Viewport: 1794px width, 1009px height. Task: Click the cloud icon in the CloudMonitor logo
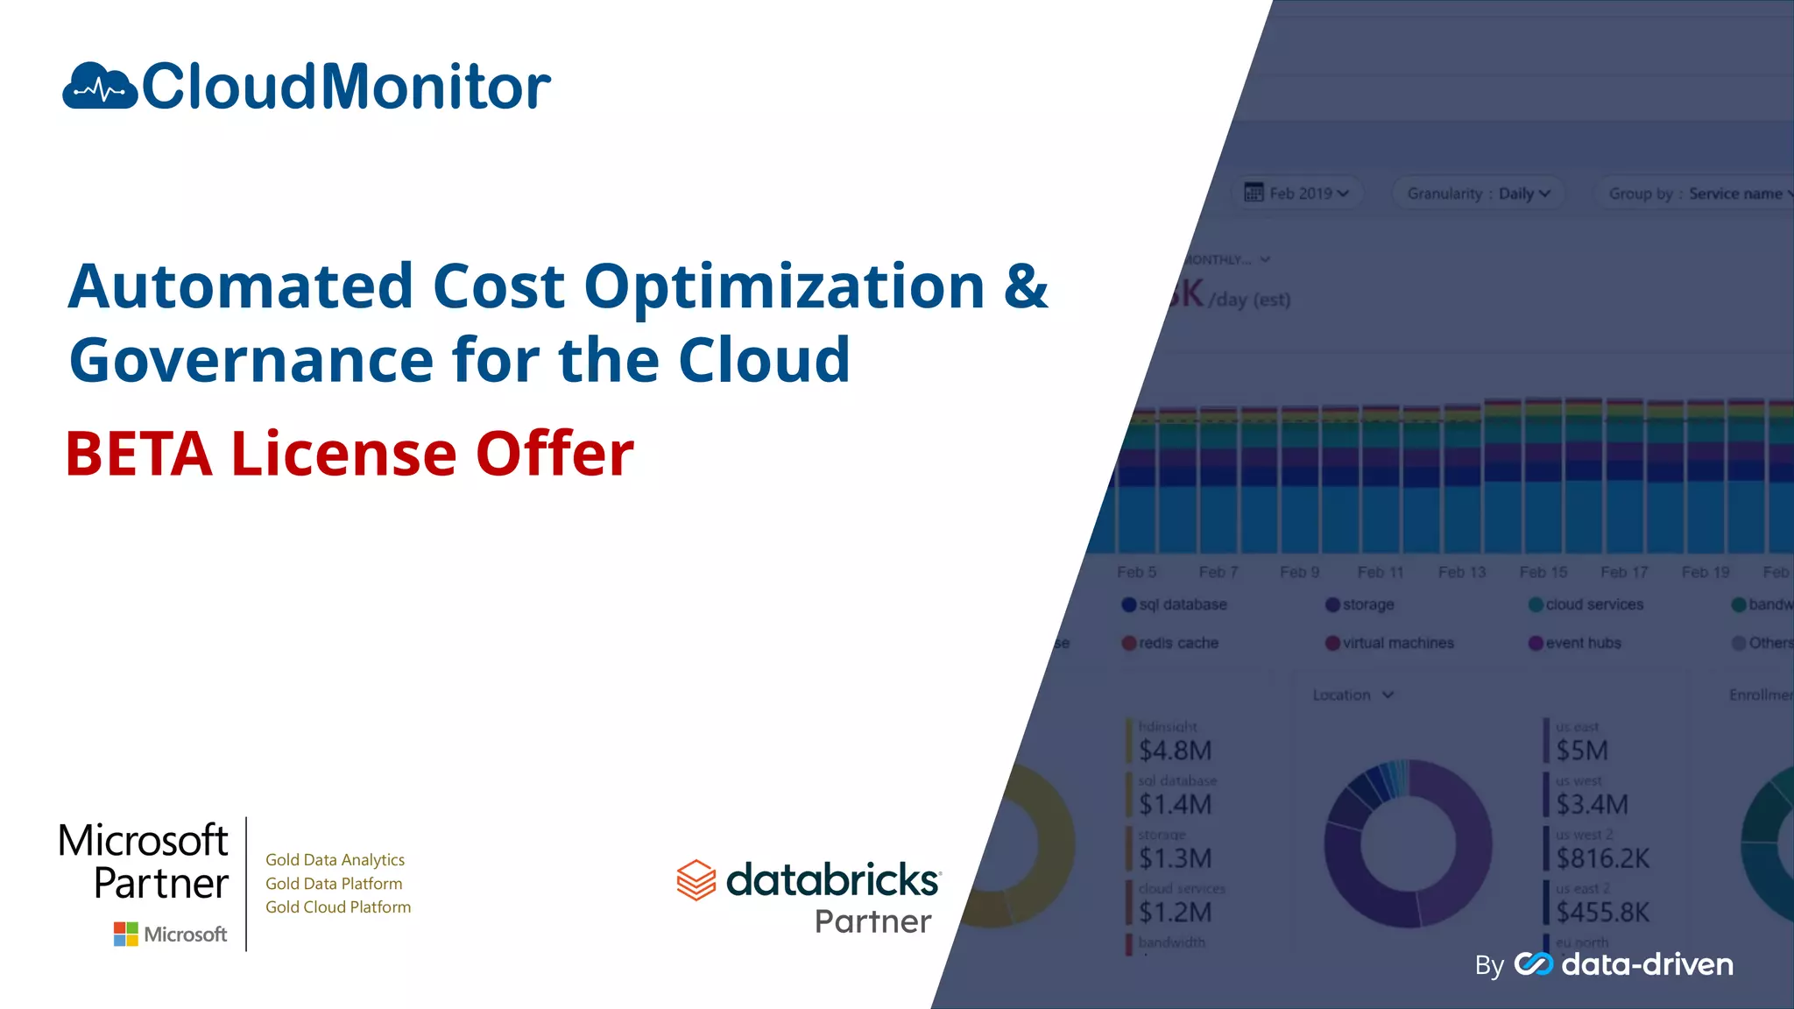click(x=100, y=86)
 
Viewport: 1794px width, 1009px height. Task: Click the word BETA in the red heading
click(x=139, y=454)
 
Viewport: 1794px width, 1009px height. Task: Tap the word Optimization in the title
click(x=784, y=286)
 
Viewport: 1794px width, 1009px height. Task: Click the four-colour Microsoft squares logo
click(x=125, y=934)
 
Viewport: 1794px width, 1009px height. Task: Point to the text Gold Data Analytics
click(x=335, y=860)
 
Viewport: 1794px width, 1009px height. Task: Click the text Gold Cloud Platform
click(x=337, y=907)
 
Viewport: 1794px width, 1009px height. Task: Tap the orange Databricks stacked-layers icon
click(x=696, y=879)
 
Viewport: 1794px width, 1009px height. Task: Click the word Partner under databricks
click(x=872, y=921)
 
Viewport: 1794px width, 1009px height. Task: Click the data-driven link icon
click(x=1533, y=963)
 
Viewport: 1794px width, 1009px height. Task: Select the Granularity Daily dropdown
click(x=1479, y=194)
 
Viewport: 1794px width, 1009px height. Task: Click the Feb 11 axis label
click(x=1380, y=572)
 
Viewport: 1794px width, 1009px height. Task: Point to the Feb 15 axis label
click(x=1543, y=572)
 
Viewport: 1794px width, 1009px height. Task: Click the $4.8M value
click(x=1175, y=751)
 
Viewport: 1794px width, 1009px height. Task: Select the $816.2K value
click(x=1602, y=858)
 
